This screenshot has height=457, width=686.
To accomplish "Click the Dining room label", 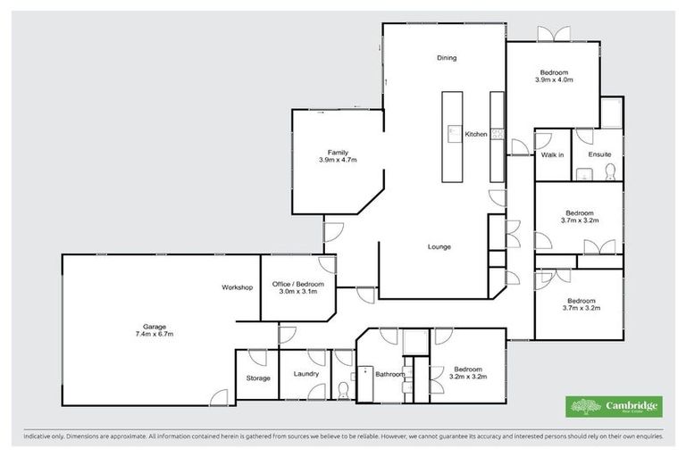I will click(447, 58).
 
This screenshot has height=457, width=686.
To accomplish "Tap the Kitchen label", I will click(475, 134).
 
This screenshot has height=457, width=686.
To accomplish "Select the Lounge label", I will click(439, 246).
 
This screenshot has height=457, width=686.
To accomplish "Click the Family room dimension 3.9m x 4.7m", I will click(338, 160).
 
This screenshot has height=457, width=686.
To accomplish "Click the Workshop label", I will click(238, 287).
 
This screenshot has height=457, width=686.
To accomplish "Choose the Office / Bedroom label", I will click(297, 283).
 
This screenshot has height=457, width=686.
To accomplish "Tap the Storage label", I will click(258, 378).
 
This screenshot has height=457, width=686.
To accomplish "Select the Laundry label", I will click(305, 373).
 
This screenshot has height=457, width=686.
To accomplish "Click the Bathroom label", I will click(390, 374).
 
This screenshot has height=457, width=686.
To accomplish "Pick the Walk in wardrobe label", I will click(552, 154).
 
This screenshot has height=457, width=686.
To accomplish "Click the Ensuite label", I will click(599, 154).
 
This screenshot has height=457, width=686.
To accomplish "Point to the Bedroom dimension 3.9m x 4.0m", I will click(554, 79).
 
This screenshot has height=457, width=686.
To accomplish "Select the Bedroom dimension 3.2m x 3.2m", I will click(467, 377).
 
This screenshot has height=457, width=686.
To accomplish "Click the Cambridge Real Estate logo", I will click(615, 406).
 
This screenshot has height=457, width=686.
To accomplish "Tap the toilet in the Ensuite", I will click(608, 171).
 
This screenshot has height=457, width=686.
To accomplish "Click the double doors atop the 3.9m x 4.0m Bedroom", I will click(554, 34).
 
